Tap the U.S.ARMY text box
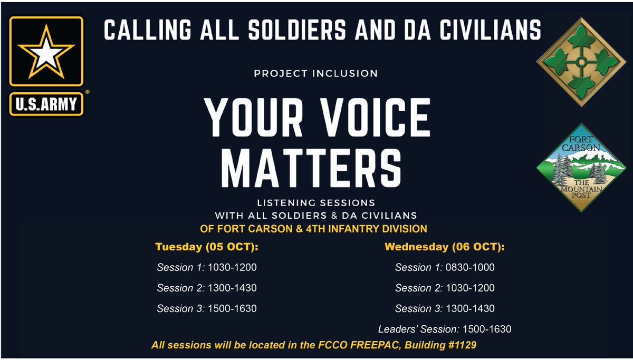tap(46, 104)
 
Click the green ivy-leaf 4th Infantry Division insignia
tap(581, 62)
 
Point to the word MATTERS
tap(311, 168)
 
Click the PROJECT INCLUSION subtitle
tap(316, 74)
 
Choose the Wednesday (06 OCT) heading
tap(445, 247)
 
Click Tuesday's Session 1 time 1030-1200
tap(232, 268)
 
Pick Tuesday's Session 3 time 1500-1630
tap(232, 309)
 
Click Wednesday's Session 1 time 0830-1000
tap(470, 268)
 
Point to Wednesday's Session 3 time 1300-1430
tap(470, 309)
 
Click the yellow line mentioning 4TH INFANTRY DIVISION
tap(313, 229)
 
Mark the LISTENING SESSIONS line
tap(316, 203)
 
